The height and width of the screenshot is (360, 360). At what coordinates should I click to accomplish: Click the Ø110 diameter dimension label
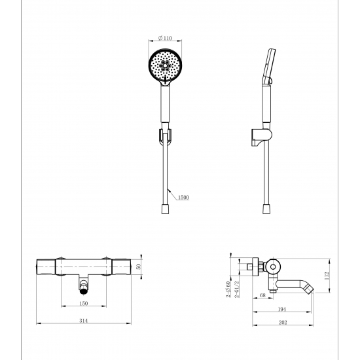click(x=165, y=38)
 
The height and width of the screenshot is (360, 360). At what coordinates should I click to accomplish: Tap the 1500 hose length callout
click(x=183, y=197)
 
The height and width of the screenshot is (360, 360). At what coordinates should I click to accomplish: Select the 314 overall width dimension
click(x=84, y=321)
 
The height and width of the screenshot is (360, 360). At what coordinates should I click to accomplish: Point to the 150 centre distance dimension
click(x=84, y=303)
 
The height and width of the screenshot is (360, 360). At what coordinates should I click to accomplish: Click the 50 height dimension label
click(x=138, y=266)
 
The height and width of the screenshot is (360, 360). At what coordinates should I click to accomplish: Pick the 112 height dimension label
click(x=327, y=276)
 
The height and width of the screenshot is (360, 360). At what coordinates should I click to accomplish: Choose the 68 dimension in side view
click(x=262, y=295)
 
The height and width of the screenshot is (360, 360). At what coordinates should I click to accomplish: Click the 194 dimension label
click(x=281, y=309)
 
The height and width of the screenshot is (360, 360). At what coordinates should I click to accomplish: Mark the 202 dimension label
click(x=283, y=322)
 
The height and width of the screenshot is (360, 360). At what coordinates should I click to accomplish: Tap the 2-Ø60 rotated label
click(x=228, y=289)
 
